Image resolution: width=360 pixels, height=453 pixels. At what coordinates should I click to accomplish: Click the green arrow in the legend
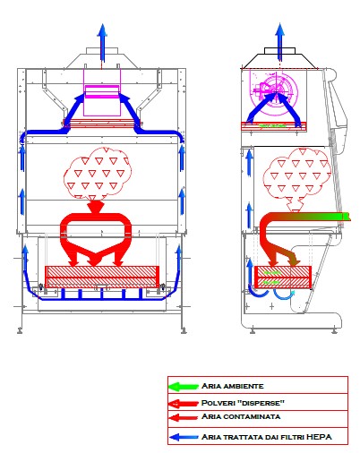click(183, 387)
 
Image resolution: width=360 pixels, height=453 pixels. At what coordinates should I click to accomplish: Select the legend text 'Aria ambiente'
click(233, 386)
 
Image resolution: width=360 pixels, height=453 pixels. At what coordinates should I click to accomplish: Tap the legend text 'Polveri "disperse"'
click(243, 403)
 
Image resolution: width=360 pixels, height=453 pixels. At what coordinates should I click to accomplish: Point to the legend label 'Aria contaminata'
click(241, 416)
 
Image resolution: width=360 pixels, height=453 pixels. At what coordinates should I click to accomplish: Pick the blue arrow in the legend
click(184, 438)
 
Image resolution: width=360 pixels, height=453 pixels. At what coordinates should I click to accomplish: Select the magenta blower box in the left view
click(102, 92)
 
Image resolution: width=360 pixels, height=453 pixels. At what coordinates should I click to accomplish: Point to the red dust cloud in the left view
click(98, 174)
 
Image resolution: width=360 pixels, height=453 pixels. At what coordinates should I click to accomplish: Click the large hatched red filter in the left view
click(102, 277)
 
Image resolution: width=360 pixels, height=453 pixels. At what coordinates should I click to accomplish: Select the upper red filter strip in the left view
click(101, 123)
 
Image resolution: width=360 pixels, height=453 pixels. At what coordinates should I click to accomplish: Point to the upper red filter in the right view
click(274, 126)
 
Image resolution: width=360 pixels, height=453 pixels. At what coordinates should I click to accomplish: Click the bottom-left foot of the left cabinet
click(20, 330)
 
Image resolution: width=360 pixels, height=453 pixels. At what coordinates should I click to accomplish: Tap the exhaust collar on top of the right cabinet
click(279, 50)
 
